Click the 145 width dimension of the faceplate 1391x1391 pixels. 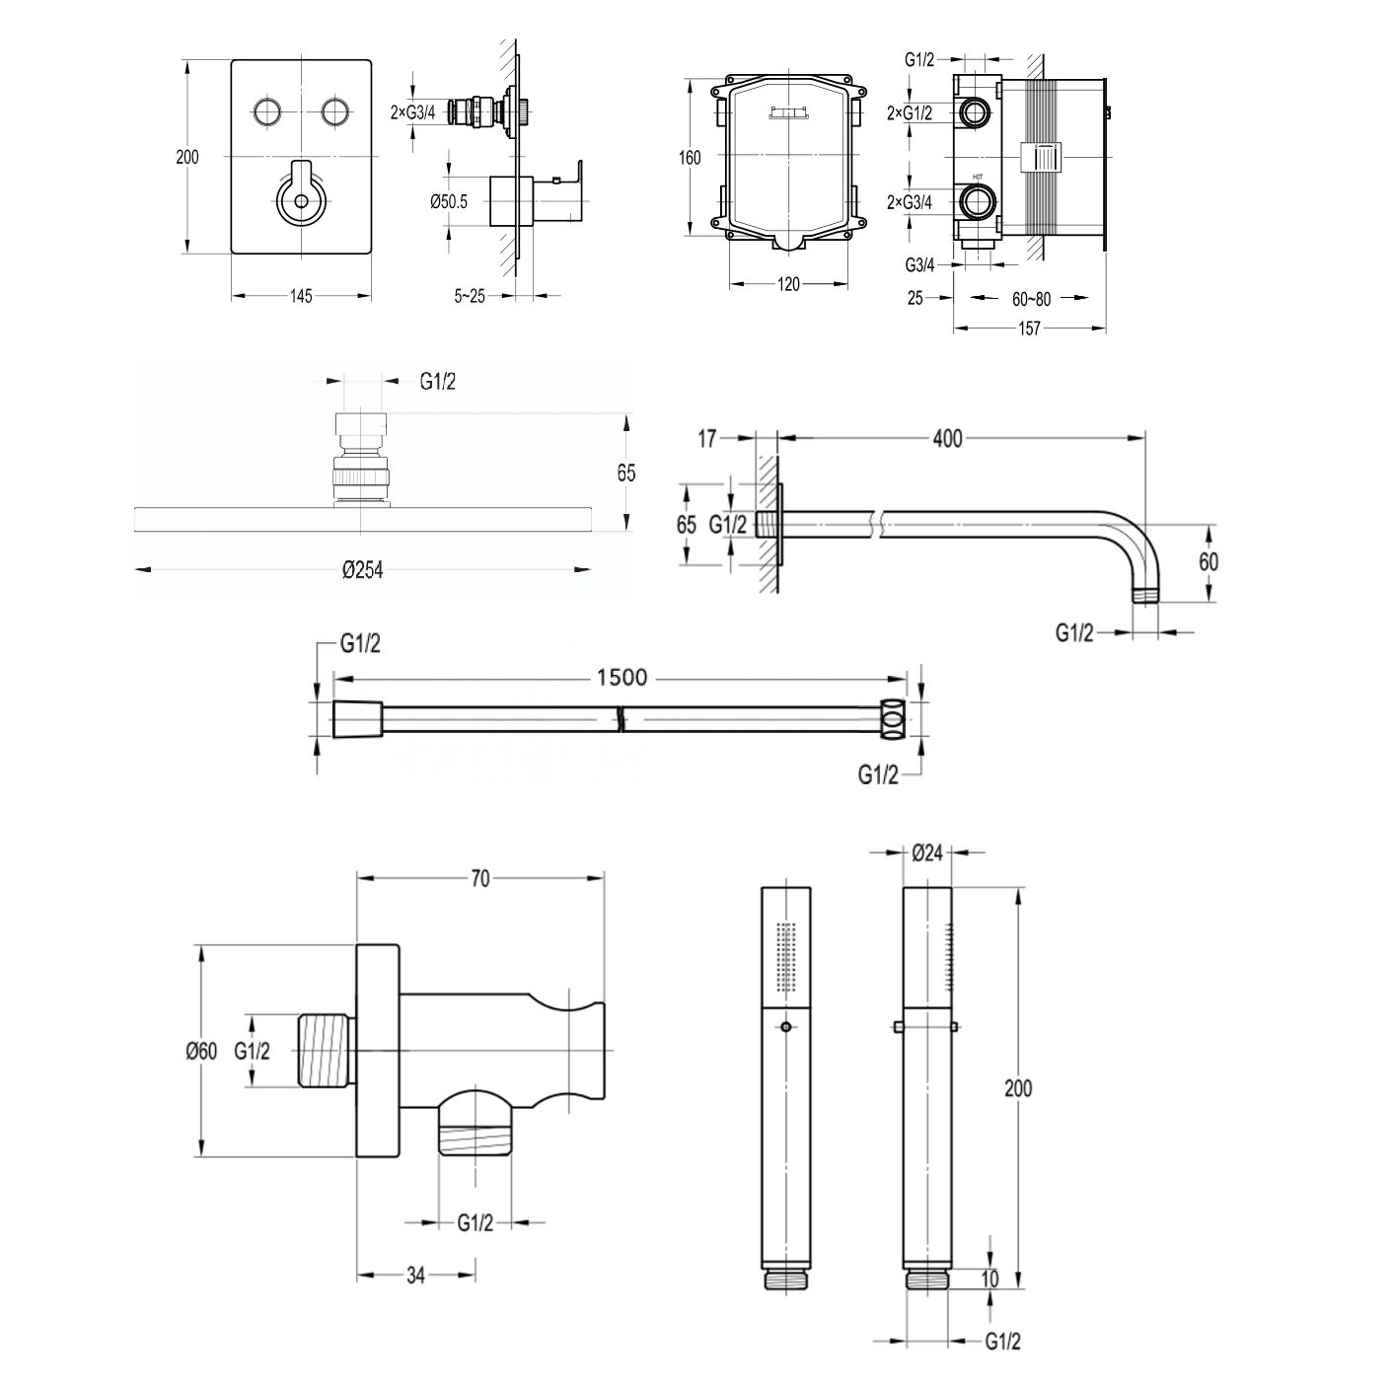pos(301,296)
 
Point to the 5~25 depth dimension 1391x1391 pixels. pos(470,296)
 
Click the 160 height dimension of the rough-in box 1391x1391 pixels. pos(690,158)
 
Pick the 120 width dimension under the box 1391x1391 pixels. pos(788,284)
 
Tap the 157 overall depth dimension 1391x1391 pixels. pos(1029,329)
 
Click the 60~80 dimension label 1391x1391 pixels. pos(1031,298)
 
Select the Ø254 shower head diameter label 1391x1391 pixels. pos(362,569)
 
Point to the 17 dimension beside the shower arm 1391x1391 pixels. pos(707,438)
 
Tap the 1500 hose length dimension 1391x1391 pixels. pos(622,677)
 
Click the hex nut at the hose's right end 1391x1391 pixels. pos(893,719)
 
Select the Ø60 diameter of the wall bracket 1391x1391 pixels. pos(201,1052)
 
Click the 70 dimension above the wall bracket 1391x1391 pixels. pos(479,880)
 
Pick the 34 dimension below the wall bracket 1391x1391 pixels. pos(415,1276)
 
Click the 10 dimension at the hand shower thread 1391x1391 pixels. pos(990,1279)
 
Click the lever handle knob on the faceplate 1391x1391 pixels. pos(301,202)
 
